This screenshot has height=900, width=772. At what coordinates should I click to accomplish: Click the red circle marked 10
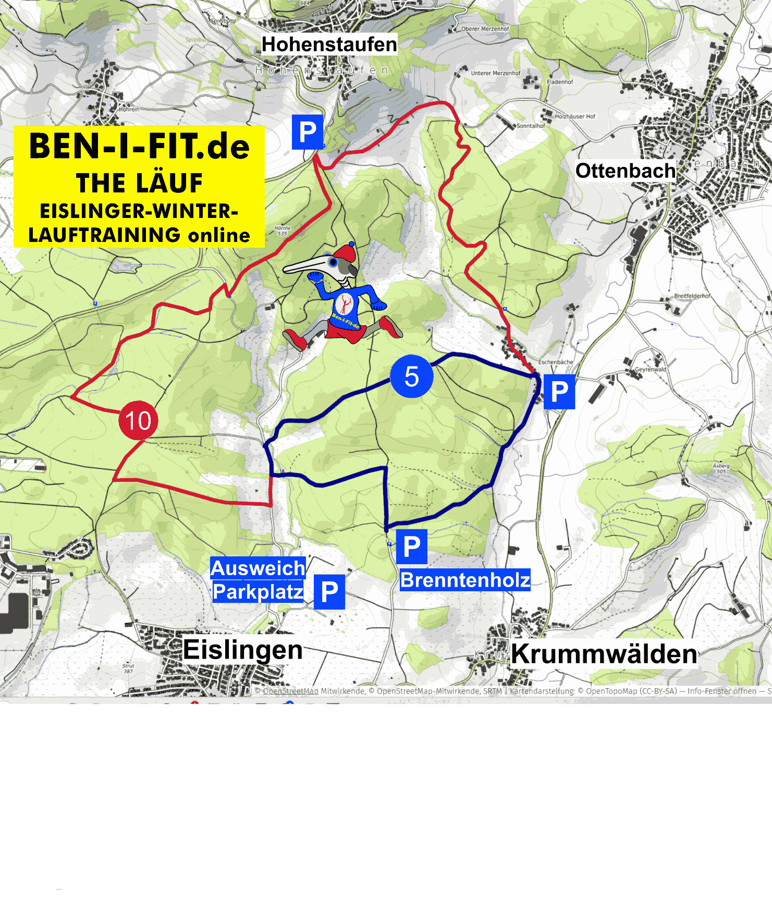tap(138, 420)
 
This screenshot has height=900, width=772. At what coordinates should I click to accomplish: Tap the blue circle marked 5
tap(412, 376)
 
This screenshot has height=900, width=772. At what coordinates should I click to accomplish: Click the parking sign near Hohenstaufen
tap(308, 132)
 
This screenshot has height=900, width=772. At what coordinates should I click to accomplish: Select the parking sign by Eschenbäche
tap(559, 392)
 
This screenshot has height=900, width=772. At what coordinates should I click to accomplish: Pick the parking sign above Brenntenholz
tap(412, 546)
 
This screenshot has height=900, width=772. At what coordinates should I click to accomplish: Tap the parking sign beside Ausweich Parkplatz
tap(329, 592)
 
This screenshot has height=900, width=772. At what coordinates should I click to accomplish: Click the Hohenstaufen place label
tap(329, 44)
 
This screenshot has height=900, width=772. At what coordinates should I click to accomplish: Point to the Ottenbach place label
tap(625, 171)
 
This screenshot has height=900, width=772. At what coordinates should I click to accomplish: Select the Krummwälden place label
tap(604, 654)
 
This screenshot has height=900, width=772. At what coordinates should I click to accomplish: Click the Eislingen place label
tap(243, 650)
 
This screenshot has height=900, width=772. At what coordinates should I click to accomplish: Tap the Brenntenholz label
tap(465, 580)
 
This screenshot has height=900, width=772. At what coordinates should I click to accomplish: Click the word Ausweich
tap(258, 568)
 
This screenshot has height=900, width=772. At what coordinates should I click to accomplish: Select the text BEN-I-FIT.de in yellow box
tap(139, 146)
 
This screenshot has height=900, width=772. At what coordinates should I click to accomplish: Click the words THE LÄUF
tap(139, 183)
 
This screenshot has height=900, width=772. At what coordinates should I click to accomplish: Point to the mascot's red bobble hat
tap(346, 253)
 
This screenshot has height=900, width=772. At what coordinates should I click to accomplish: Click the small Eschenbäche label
tap(555, 362)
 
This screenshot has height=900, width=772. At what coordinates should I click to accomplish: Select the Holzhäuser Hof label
tap(574, 116)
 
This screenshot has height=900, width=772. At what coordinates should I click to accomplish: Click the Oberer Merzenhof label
tap(485, 29)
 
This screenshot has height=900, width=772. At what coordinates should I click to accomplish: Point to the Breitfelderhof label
tap(692, 296)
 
